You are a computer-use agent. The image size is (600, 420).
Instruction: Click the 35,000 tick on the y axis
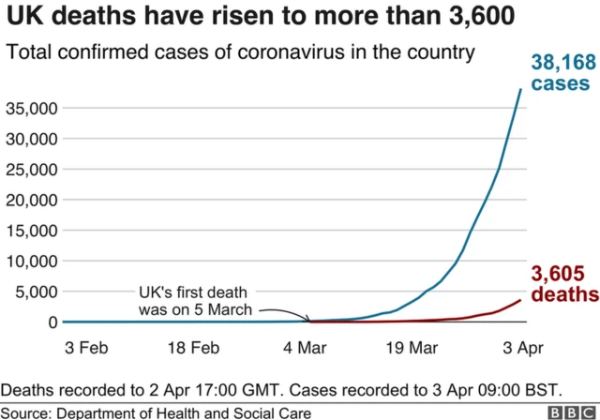click(x=33, y=109)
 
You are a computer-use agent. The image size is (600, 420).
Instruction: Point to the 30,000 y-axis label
click(x=33, y=139)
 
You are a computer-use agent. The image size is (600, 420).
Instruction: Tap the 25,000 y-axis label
click(x=33, y=170)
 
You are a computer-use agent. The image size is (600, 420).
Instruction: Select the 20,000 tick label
click(x=33, y=200)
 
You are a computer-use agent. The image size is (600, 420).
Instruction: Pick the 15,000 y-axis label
click(x=33, y=231)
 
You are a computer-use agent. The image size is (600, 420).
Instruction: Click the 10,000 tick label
click(x=33, y=261)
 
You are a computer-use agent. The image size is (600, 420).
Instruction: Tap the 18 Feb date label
click(x=193, y=348)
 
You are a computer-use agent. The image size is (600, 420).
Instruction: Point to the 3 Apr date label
click(x=520, y=348)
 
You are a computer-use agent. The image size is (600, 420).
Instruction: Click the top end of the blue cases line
click(x=521, y=89)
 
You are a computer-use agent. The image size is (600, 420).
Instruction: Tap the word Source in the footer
click(x=26, y=412)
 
